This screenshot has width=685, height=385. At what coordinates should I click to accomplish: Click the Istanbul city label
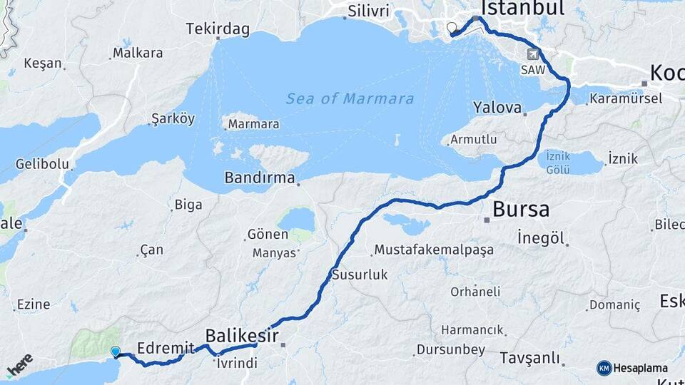point(522,9)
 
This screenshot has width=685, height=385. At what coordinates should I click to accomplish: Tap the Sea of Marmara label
point(350,99)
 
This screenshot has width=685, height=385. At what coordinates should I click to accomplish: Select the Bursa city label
point(521,210)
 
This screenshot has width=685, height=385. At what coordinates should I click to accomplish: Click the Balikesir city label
point(242,334)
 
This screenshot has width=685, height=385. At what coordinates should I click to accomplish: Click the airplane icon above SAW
point(533,54)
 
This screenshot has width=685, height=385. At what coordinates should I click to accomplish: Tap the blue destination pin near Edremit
point(116,351)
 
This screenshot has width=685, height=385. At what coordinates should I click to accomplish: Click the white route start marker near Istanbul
point(451,29)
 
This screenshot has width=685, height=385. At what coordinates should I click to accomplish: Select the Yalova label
point(497,108)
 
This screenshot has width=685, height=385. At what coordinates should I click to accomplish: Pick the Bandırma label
point(260,178)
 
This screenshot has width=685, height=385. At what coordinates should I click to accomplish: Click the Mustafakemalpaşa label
point(424,250)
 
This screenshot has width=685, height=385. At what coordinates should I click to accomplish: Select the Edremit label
point(165,347)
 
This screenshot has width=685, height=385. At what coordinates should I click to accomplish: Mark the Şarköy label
point(173,118)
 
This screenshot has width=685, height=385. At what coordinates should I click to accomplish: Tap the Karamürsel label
point(626,98)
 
